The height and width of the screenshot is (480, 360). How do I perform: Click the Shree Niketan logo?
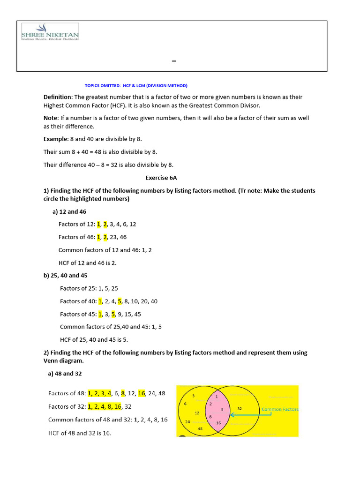[50, 31]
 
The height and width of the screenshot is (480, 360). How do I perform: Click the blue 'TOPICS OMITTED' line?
[136, 86]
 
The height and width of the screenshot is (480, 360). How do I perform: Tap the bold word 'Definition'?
[58, 97]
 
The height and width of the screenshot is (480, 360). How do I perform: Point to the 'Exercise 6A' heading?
[161, 178]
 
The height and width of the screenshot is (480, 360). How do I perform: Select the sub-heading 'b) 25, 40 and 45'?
[66, 276]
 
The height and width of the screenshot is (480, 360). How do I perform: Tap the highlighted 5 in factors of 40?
[120, 301]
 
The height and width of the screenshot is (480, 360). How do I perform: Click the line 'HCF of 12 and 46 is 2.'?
[87, 262]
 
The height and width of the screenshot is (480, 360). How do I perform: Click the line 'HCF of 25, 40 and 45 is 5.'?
[94, 339]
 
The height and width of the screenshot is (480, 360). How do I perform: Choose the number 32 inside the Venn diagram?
[240, 408]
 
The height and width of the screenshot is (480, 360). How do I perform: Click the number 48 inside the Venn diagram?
[200, 428]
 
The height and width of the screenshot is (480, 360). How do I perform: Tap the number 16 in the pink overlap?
[218, 423]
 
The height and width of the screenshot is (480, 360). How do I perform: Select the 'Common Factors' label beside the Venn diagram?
[280, 409]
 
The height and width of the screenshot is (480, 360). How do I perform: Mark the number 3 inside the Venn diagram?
[193, 396]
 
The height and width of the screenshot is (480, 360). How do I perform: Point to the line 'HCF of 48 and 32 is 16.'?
[80, 433]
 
